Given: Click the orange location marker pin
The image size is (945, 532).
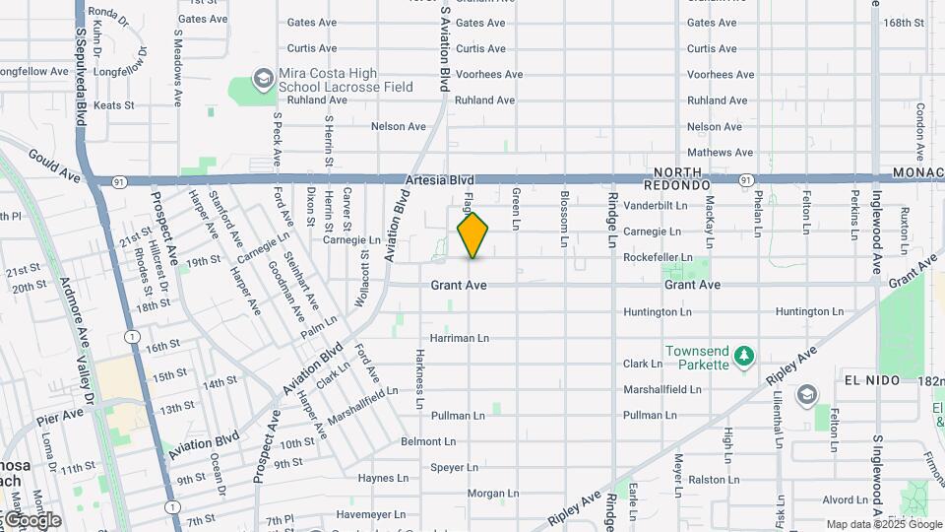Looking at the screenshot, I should pos(472,235).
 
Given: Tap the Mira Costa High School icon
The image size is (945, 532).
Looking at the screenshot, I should pos(263,77).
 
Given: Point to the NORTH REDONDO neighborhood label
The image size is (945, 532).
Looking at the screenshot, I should pos(677,178).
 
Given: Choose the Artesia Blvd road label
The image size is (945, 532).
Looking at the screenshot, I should pos(439,180).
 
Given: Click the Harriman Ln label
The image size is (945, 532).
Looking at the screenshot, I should pos(459,338).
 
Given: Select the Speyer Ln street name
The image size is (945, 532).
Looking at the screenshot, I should pos(454,467).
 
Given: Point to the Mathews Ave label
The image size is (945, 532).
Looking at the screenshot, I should pos(720,153).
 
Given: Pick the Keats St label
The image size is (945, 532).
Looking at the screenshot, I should pos(113,105).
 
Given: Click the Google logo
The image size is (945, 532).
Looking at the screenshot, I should pos(32,520).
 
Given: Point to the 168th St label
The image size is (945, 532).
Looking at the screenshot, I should pos(904,23).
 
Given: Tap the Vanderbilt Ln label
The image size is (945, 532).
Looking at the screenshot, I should pos(655,205).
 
